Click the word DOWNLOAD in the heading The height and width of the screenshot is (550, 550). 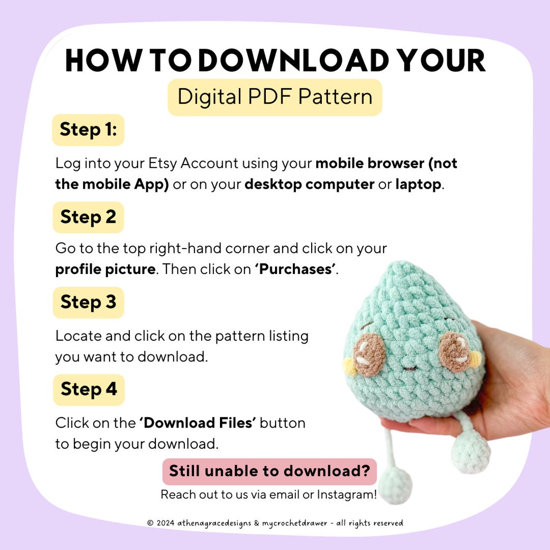coord(293,61)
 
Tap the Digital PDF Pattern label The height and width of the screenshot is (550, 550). coord(275,97)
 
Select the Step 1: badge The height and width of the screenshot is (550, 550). coord(88,130)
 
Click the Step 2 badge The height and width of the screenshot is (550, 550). coord(88,217)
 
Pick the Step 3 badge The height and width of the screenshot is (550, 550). coord(88,302)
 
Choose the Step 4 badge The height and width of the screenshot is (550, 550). coord(89,389)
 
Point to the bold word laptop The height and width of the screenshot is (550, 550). coord(418,184)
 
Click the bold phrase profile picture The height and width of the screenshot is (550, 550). coord(105,269)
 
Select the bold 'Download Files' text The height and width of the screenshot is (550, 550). coord(197,423)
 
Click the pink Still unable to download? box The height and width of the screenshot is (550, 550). coord(269,471)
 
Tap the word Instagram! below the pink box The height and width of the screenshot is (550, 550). coord(346,495)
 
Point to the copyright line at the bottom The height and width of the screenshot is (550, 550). coord(275,523)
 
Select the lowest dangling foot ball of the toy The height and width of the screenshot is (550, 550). coord(395,485)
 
